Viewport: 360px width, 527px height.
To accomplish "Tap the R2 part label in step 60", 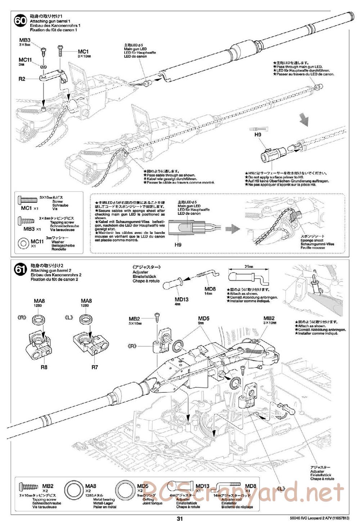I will pos(22,79).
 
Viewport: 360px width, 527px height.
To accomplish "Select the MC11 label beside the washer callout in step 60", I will pos(26,59).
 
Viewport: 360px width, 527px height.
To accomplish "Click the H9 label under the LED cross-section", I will pos(178,244).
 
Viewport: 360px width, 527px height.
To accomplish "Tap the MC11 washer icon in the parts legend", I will pos(24,243).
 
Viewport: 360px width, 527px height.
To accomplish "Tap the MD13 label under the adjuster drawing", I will pos(181,299).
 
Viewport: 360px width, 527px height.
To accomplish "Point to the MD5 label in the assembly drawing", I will pos(204,318).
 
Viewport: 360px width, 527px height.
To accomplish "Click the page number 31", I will pos(180,519).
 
